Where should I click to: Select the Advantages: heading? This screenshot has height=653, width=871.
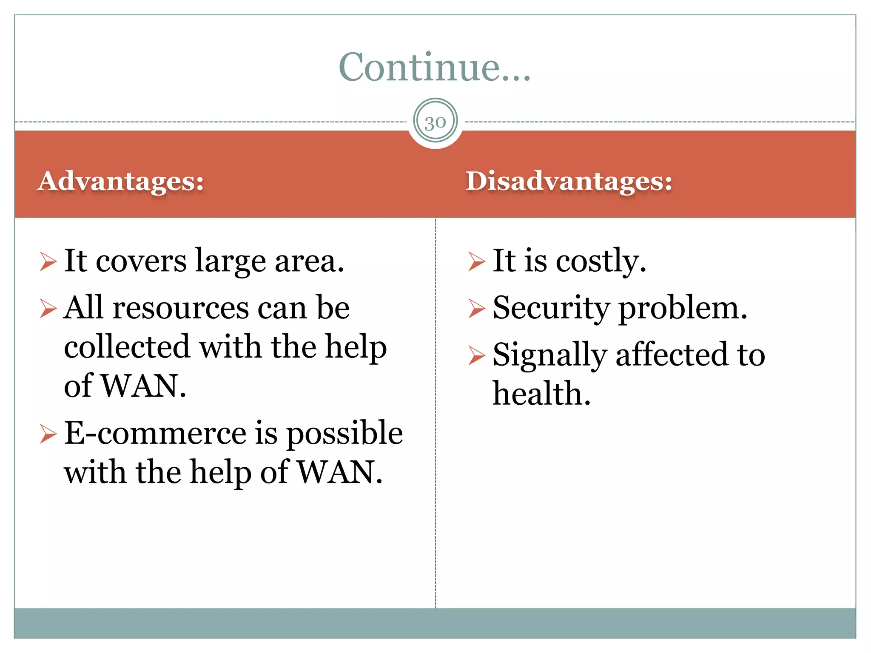point(121,181)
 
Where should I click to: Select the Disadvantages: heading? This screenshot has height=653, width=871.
point(569,181)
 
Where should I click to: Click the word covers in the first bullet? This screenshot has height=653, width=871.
point(141,261)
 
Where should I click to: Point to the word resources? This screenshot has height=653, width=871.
point(180,308)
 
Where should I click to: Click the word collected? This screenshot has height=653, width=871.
point(127,347)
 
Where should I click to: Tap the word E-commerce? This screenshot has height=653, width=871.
point(155,433)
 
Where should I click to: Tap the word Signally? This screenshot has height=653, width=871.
point(549,356)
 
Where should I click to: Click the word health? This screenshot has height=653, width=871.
point(541,394)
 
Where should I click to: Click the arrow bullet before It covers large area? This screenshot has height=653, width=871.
point(48,261)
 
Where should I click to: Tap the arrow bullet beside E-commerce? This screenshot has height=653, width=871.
point(48,434)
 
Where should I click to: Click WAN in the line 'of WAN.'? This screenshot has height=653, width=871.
point(143,386)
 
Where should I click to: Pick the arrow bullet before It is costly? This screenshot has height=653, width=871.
point(476,261)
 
